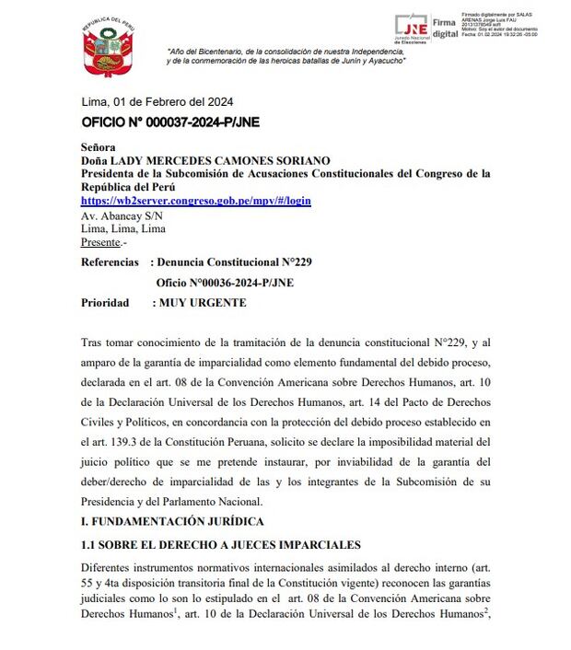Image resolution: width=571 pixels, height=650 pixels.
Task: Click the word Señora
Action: point(99,146)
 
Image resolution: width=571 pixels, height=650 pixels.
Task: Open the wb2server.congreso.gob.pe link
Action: point(195,200)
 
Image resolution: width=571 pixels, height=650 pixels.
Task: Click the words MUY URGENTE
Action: point(203,302)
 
